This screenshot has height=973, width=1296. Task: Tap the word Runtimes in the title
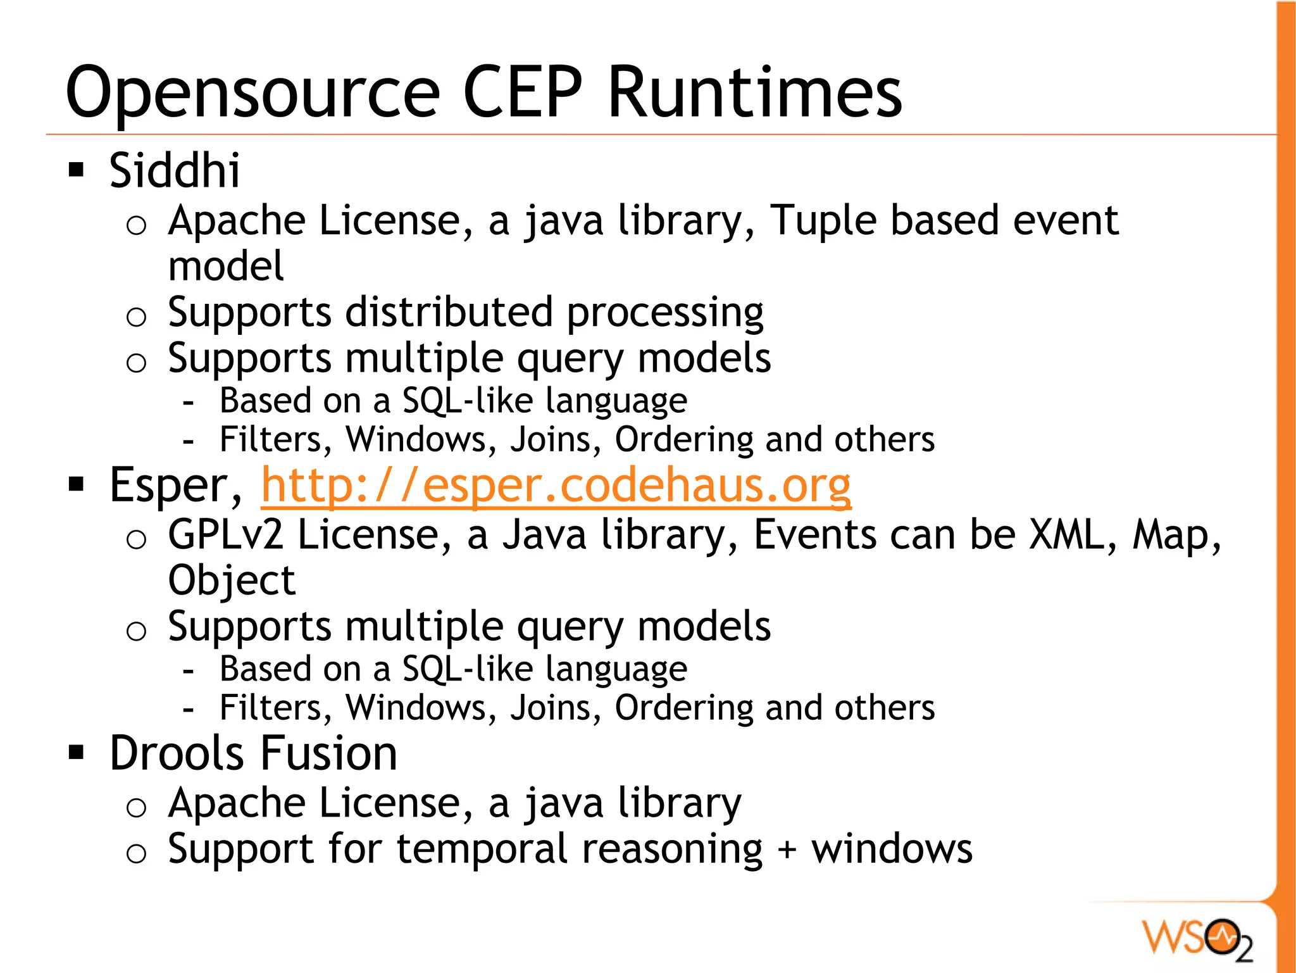(754, 92)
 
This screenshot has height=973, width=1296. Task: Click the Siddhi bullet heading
(175, 171)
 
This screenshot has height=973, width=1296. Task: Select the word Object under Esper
(232, 581)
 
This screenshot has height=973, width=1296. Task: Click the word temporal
(484, 849)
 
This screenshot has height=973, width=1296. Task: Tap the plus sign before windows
(787, 850)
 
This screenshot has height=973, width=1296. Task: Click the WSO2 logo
(1197, 939)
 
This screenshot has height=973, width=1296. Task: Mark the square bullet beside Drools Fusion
(77, 753)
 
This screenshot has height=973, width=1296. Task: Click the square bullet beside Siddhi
(77, 170)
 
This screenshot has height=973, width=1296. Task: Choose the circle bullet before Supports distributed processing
(136, 316)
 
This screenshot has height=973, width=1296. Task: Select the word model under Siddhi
(226, 266)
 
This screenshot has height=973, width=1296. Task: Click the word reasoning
(672, 850)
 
